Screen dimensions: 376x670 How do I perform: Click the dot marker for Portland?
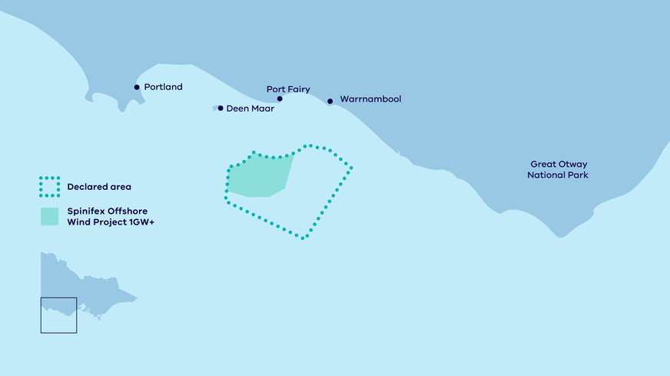tap(137, 87)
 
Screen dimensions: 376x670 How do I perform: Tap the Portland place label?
tap(163, 87)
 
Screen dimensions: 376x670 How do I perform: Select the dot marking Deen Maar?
tap(221, 108)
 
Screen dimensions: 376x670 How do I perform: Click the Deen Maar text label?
tap(250, 108)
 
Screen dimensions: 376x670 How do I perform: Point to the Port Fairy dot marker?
tap(280, 98)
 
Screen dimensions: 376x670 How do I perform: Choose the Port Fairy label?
tap(288, 89)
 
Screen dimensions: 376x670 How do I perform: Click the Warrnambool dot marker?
tap(330, 101)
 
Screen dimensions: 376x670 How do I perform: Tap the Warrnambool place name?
tap(370, 99)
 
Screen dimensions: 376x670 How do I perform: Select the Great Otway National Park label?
tap(558, 169)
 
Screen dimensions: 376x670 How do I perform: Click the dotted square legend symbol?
tap(49, 186)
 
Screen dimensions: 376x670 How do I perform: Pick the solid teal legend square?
tap(49, 216)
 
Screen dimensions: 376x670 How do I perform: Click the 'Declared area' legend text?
tap(99, 186)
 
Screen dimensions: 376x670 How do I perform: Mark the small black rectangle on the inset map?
tap(58, 315)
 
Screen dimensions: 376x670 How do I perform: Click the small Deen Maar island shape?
tap(214, 108)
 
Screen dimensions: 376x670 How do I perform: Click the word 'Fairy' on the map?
tap(298, 89)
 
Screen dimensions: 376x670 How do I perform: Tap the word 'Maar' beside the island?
tap(262, 108)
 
